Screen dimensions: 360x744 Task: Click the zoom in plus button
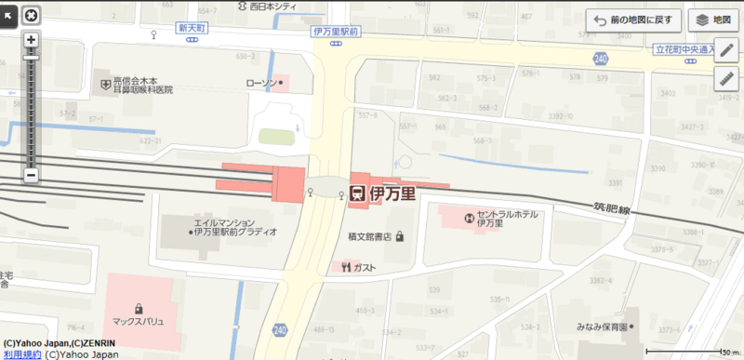tap(31, 40)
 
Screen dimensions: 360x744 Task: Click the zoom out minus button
tap(31, 174)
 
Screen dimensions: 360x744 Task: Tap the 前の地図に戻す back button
tap(630, 20)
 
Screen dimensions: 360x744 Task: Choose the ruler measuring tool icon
tap(725, 79)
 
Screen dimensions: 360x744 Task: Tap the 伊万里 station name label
tap(392, 193)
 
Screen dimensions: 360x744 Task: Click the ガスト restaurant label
tap(365, 268)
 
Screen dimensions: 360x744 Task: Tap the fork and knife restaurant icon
tap(345, 268)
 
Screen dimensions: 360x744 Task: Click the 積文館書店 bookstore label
tap(370, 236)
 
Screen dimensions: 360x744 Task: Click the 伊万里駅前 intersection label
tap(336, 31)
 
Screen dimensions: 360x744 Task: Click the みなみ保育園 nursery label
tap(602, 327)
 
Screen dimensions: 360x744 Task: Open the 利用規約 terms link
tap(20, 353)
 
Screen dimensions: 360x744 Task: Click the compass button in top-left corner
tap(32, 14)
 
